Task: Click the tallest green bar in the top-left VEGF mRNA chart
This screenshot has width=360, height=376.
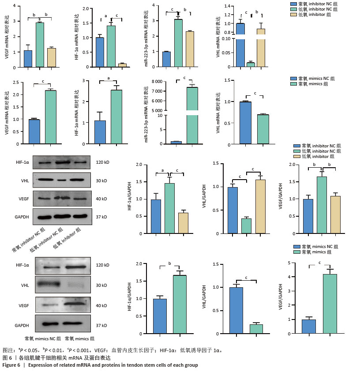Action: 40,44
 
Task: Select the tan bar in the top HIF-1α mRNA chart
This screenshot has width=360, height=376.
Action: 122,65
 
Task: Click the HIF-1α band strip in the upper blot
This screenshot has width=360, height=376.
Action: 64,163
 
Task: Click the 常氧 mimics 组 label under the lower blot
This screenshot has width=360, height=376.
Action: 79,339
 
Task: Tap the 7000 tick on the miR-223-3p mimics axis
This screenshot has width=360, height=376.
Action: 157,91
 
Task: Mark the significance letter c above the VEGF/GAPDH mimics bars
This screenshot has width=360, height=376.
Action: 319,263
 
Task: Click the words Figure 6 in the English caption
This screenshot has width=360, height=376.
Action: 12,365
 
